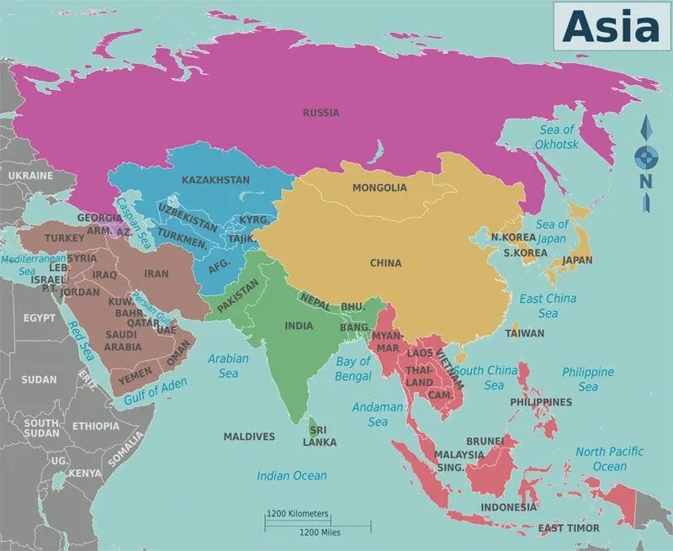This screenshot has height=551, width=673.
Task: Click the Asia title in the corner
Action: (611, 27)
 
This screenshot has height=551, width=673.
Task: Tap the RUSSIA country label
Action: (321, 112)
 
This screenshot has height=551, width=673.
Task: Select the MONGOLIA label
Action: (379, 188)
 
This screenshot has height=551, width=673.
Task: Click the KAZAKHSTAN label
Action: (215, 179)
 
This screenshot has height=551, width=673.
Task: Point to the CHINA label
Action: (385, 263)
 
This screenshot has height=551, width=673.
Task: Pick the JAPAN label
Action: (577, 260)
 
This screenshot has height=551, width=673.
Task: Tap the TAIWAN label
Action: (524, 333)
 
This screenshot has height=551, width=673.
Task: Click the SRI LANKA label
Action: (320, 436)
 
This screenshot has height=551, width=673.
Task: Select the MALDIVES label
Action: (249, 437)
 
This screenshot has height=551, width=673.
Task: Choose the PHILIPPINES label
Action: (541, 402)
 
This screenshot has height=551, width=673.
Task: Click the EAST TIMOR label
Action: (570, 527)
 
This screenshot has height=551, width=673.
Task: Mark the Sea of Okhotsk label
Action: (556, 137)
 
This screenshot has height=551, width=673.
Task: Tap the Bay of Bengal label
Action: (353, 368)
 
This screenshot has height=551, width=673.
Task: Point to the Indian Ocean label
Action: (292, 476)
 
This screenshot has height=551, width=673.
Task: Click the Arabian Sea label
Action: (228, 365)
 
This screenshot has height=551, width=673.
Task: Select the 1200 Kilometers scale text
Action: (298, 513)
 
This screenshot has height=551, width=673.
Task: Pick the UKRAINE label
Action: (30, 176)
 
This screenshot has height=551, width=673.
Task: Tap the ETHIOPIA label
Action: (95, 426)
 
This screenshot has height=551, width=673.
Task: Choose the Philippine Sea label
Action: (587, 379)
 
